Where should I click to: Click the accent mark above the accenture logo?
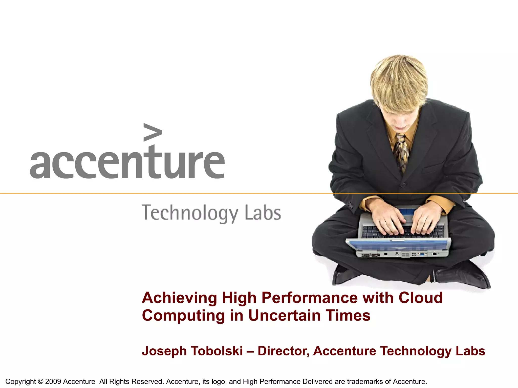click(153, 132)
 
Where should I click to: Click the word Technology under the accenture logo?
click(189, 213)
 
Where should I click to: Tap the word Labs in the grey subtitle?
click(263, 213)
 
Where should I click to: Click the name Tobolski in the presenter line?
click(217, 351)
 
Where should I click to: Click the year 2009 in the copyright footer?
click(53, 381)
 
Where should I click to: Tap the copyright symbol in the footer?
click(40, 381)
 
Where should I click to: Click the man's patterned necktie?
click(402, 152)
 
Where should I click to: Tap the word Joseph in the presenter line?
click(164, 351)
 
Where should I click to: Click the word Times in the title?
click(348, 316)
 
